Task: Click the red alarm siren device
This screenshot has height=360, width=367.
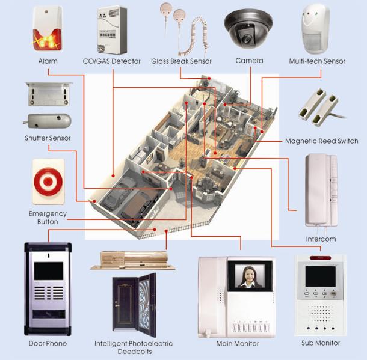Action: click(x=47, y=30)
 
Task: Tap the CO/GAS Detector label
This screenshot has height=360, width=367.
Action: click(x=111, y=61)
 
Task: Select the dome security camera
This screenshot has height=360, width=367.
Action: click(x=248, y=28)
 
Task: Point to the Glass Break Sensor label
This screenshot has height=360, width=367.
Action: click(x=181, y=61)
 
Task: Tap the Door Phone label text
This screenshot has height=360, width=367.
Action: click(x=48, y=344)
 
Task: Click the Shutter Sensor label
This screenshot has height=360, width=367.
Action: click(x=48, y=138)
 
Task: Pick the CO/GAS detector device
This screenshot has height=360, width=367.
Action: click(x=111, y=30)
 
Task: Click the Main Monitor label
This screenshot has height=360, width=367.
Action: click(x=238, y=344)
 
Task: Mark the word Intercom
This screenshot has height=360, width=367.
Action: click(x=321, y=239)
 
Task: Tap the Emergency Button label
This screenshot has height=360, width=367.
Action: click(x=48, y=218)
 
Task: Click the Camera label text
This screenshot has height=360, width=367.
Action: click(x=249, y=61)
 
